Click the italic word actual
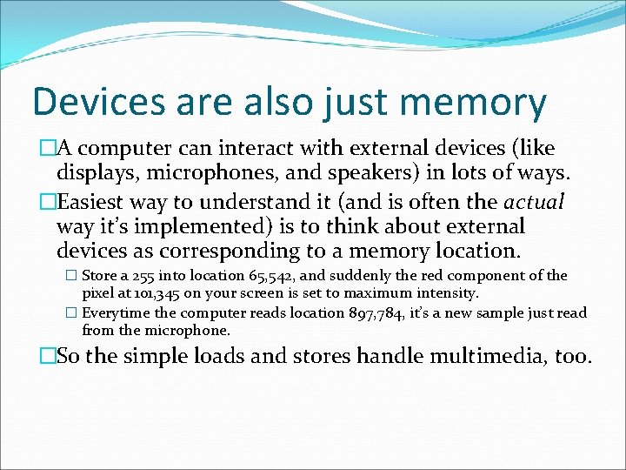point(534,203)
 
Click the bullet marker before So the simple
point(48,356)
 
